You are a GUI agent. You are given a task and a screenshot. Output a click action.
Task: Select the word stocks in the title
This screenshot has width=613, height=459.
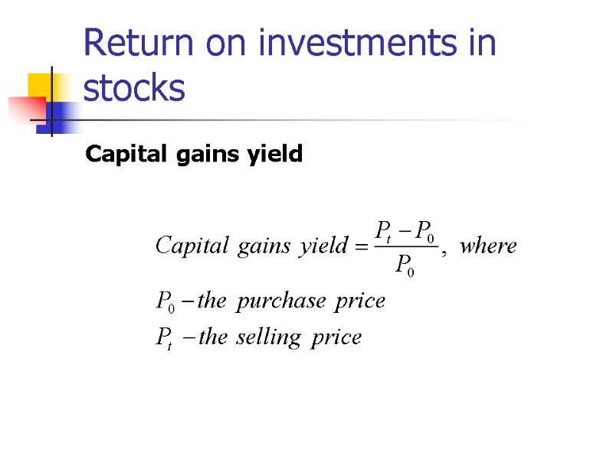[134, 89]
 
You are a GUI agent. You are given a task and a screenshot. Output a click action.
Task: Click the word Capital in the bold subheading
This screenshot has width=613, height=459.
[120, 155]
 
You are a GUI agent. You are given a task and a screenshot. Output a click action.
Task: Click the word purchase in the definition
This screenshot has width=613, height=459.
[281, 301]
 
